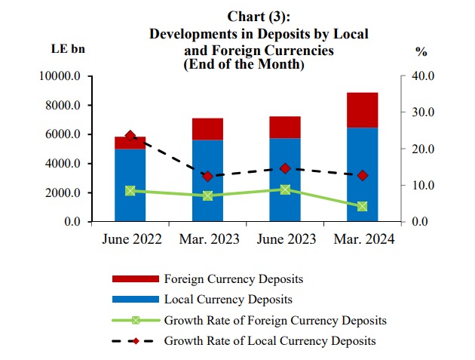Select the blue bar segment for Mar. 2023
click(208, 181)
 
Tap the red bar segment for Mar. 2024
click(363, 110)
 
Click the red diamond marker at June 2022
click(130, 137)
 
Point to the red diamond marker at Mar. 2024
click(363, 175)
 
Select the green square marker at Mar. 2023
click(208, 195)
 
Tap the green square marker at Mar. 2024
click(363, 206)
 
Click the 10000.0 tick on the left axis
click(63, 76)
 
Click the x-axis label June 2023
click(285, 239)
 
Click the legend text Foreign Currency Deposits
click(234, 278)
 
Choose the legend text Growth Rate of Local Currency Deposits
click(269, 340)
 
